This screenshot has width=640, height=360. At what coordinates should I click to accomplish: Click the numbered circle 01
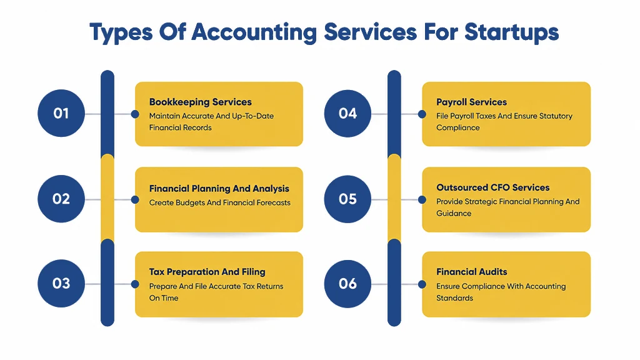click(61, 113)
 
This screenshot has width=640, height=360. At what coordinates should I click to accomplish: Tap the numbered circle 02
click(61, 199)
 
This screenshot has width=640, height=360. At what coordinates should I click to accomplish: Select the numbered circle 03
click(61, 283)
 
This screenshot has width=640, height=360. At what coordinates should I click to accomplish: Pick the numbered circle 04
click(347, 114)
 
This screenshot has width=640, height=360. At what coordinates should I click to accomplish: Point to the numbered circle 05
click(347, 199)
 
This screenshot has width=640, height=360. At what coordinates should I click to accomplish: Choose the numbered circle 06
click(347, 284)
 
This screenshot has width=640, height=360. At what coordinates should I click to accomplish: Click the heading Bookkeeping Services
click(201, 102)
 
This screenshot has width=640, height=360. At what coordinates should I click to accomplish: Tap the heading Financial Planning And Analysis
click(219, 189)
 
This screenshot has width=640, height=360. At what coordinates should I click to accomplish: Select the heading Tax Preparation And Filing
click(207, 272)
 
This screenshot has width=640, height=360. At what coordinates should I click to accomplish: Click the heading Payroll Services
click(471, 102)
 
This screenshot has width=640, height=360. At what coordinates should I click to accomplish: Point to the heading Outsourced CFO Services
click(493, 187)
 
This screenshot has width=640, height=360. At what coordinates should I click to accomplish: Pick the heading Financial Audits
click(472, 272)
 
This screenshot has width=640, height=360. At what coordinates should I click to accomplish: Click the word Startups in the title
click(511, 32)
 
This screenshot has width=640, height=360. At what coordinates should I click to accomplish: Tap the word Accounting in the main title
click(254, 32)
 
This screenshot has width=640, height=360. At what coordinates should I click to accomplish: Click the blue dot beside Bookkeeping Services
click(135, 114)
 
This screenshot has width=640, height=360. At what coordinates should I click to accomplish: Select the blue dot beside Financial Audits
click(422, 284)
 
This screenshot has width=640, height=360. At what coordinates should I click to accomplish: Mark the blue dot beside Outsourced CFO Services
click(422, 199)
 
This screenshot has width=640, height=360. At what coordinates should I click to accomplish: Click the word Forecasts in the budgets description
click(274, 202)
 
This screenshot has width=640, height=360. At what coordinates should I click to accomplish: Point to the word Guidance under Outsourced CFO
click(454, 213)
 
